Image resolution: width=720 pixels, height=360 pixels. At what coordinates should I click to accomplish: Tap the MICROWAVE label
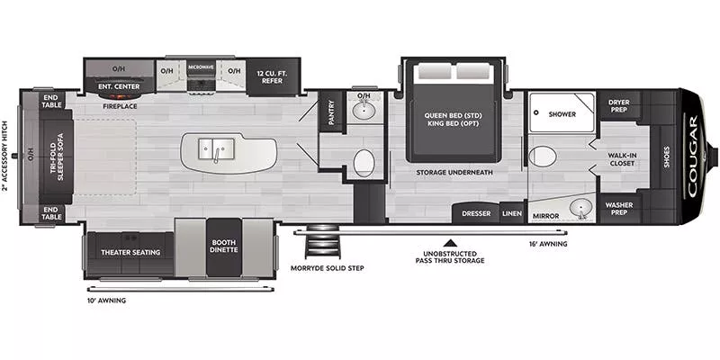click(200, 67)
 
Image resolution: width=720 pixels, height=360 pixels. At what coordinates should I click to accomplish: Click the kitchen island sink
click(212, 148)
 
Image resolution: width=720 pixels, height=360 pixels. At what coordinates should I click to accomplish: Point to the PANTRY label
click(330, 112)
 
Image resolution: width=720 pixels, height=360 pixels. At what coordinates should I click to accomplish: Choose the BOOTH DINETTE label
click(223, 246)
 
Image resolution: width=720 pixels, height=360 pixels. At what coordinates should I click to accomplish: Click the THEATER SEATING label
click(130, 253)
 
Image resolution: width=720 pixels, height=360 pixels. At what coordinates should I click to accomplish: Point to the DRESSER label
click(476, 213)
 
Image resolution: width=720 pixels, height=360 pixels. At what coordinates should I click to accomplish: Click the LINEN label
click(512, 213)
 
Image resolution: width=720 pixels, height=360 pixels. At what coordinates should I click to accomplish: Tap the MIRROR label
click(546, 216)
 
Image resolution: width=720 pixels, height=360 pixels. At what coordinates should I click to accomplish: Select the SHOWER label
click(562, 114)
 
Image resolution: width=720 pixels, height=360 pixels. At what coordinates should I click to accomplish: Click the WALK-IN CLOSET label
click(623, 159)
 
